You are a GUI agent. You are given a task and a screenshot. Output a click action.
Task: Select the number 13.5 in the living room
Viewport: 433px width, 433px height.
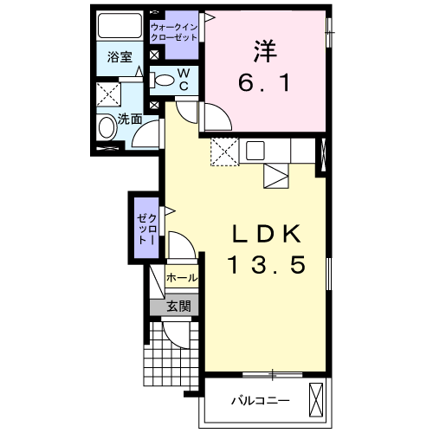tap(268, 266)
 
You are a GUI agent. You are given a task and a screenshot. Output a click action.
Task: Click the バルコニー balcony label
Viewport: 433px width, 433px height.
tap(260, 401)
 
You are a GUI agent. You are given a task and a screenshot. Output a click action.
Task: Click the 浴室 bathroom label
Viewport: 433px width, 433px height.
tap(120, 58)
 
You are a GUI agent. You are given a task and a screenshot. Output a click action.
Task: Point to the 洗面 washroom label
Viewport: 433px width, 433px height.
tap(129, 120)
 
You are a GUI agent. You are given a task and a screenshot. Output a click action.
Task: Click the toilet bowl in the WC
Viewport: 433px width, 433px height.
tap(163, 81)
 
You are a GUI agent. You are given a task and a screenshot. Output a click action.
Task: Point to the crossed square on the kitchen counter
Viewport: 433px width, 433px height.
tap(223, 150)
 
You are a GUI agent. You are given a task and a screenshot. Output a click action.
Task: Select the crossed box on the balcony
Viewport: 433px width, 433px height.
tap(318, 399)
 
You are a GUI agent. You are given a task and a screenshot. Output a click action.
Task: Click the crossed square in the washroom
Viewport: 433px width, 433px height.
tap(108, 94)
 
